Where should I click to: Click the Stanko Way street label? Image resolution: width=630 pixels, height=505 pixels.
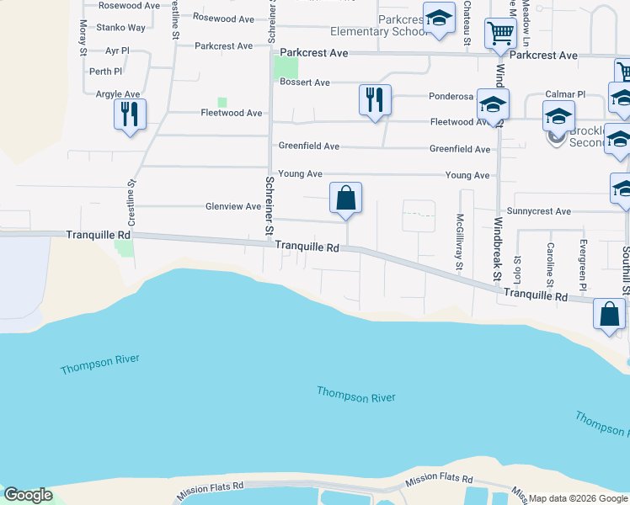(121, 28)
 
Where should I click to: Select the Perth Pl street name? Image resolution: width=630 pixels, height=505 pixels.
(106, 72)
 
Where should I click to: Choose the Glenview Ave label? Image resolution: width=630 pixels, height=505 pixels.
(233, 206)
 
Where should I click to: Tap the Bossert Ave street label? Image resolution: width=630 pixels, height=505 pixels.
(305, 82)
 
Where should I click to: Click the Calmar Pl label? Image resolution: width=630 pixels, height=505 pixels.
(565, 94)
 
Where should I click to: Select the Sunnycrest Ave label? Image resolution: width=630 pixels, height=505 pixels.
(539, 211)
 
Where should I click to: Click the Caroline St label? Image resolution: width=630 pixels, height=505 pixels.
(549, 262)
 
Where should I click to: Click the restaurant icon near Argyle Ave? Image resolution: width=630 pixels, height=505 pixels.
(130, 114)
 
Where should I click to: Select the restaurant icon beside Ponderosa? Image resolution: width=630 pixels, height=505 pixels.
(374, 99)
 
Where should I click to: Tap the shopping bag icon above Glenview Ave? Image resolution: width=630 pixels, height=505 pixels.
(345, 199)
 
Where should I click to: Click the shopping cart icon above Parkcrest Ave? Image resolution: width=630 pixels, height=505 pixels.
(500, 35)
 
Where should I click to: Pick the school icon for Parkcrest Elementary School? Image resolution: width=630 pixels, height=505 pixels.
(439, 19)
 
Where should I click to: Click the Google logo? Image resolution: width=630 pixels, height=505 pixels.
(28, 495)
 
